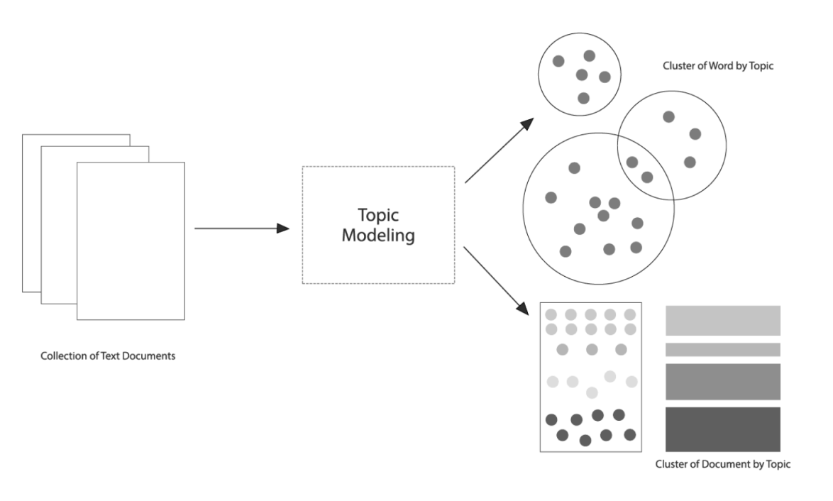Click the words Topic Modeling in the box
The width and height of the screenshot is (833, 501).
[x=378, y=225]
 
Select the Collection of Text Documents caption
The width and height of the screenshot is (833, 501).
[x=108, y=356]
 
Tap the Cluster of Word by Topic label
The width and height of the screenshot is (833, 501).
[x=718, y=66]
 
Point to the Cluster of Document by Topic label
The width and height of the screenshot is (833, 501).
[x=722, y=464]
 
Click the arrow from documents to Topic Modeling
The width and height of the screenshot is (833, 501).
[x=242, y=229]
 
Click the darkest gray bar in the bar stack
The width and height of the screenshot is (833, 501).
[x=723, y=429]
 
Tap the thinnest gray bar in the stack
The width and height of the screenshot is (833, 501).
[x=723, y=350]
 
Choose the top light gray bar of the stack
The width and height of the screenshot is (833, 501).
[x=723, y=320]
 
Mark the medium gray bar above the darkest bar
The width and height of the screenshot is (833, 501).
[x=723, y=382]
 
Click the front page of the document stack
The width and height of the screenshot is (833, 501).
[x=131, y=241]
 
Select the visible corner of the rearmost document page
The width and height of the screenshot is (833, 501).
[x=22, y=135]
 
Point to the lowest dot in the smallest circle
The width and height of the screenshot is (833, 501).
[x=583, y=99]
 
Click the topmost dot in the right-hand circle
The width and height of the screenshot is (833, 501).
[x=669, y=117]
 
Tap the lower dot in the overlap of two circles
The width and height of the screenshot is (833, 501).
[x=647, y=177]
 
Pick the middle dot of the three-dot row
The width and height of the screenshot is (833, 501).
[x=592, y=350]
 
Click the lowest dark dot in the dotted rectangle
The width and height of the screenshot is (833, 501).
[x=585, y=441]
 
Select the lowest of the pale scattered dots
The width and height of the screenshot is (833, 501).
[x=592, y=392]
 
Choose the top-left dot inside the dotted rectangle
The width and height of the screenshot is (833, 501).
[x=551, y=314]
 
